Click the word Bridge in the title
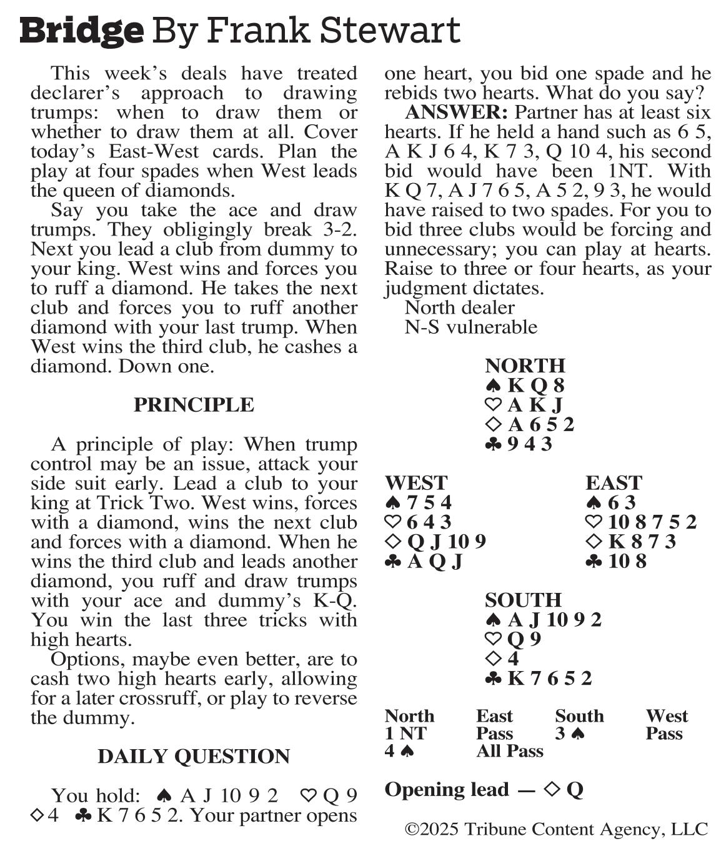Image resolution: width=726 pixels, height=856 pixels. point(82,30)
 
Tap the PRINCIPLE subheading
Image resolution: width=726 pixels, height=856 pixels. point(194,405)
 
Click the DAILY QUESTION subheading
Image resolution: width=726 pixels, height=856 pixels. point(194,757)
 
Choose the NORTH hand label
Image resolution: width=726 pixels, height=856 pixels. point(525,366)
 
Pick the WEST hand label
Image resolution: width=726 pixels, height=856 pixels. point(416,483)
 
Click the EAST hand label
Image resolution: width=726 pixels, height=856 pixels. point(614,483)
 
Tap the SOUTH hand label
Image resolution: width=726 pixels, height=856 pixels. point(523,600)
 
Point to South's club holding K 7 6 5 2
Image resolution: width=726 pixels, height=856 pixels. point(539,679)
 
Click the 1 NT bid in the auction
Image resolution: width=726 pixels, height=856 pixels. point(405,734)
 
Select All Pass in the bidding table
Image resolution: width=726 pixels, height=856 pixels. point(509,751)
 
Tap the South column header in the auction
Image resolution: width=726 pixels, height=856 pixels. point(579,716)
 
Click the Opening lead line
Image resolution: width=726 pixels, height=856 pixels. point(484,790)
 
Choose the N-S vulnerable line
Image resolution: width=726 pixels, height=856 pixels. point(471,327)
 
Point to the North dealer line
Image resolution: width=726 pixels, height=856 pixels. point(459,307)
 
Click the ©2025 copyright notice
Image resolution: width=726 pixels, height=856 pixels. point(556,830)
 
